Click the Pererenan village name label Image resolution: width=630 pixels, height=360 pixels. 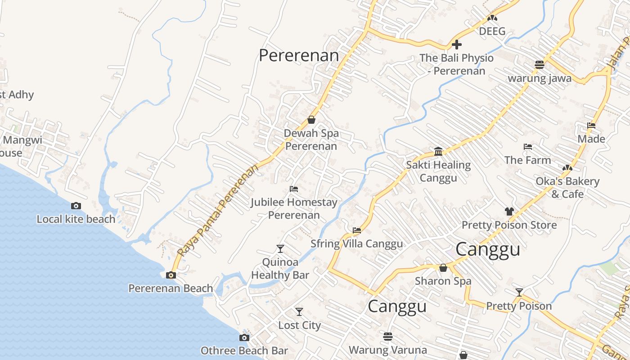[299, 55]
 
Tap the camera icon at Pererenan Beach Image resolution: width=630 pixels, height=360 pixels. [171, 275]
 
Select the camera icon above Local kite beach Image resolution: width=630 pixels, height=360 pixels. [76, 206]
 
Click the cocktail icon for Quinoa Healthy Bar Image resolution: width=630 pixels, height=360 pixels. [280, 248]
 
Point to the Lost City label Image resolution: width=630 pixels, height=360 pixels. [299, 325]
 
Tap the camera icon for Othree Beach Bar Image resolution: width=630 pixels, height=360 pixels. [244, 337]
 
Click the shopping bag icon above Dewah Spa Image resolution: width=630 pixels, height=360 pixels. [311, 120]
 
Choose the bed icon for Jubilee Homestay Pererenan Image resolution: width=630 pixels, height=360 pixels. [294, 189]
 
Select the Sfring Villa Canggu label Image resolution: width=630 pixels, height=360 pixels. [356, 243]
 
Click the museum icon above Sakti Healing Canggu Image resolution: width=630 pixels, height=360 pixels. [438, 151]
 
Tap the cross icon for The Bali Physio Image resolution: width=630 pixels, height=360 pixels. [457, 45]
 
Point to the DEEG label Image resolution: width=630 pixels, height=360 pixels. [492, 31]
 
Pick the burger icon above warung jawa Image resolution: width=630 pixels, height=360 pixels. [540, 64]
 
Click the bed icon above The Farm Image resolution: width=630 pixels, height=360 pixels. [528, 147]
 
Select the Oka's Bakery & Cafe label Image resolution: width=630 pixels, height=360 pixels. [567, 188]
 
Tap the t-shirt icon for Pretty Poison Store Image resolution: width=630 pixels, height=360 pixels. [509, 211]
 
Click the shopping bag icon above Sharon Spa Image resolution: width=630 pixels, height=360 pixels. [443, 268]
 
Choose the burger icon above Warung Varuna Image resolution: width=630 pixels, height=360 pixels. [388, 336]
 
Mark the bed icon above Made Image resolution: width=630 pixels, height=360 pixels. [591, 126]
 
